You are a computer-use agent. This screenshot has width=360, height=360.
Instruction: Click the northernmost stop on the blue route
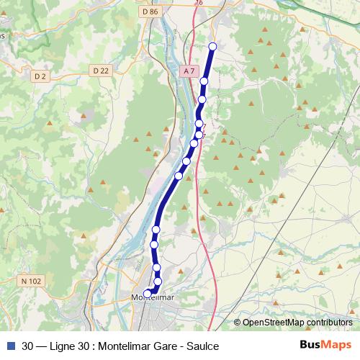(x=212, y=47)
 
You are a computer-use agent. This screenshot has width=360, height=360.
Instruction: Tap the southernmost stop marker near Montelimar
(x=148, y=293)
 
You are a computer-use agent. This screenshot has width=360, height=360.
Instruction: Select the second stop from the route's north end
(x=204, y=81)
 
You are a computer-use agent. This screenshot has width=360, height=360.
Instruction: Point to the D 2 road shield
(x=40, y=75)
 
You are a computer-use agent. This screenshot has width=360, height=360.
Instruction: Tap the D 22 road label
(x=101, y=70)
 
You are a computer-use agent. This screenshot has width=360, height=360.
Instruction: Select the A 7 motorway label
(x=189, y=71)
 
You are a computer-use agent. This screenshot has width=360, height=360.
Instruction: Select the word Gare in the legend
(x=159, y=346)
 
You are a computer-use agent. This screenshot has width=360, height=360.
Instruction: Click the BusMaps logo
(x=325, y=345)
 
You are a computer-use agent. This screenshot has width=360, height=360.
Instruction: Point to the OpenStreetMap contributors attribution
(x=297, y=323)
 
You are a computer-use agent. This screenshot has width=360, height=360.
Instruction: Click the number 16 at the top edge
(x=199, y=3)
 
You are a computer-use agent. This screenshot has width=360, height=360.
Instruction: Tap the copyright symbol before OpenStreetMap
(x=237, y=323)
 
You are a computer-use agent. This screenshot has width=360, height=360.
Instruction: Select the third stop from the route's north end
(x=202, y=99)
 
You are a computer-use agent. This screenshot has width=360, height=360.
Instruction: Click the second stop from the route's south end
(x=158, y=281)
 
